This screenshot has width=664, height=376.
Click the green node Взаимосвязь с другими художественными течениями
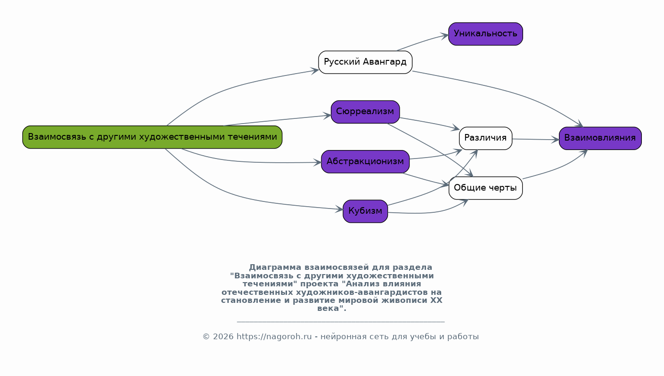pyautogui.click(x=152, y=137)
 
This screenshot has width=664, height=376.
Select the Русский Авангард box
pyautogui.click(x=365, y=62)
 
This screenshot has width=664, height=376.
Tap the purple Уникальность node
pyautogui.click(x=485, y=34)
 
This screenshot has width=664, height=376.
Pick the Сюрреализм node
pyautogui.click(x=365, y=112)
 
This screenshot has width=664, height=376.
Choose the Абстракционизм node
pyautogui.click(x=365, y=162)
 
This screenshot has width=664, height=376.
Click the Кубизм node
pyautogui.click(x=365, y=211)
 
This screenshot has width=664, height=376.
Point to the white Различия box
pyautogui.click(x=485, y=138)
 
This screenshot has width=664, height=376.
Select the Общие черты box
pyautogui.click(x=485, y=188)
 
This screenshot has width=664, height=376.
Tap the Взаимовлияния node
pyautogui.click(x=600, y=138)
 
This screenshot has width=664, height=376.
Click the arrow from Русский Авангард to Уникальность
pyautogui.click(x=422, y=42)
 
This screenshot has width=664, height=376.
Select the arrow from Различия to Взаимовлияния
pyautogui.click(x=536, y=139)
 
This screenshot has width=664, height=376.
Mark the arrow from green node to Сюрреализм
pyautogui.click(x=277, y=120)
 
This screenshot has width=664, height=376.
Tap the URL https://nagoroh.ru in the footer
pyautogui.click(x=274, y=337)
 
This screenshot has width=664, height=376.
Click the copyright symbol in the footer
pyautogui.click(x=206, y=337)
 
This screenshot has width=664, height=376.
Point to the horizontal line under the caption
pyautogui.click(x=341, y=322)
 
